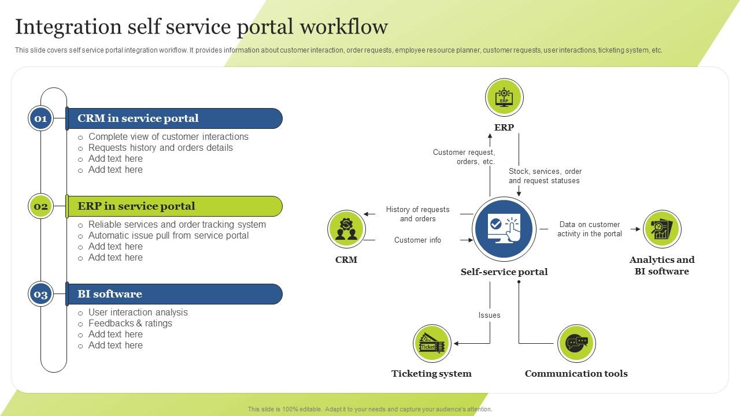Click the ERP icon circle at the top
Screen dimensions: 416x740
(504, 98)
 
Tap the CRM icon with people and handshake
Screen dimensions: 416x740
(346, 229)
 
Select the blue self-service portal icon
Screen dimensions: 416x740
(504, 228)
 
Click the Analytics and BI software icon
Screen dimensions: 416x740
(662, 229)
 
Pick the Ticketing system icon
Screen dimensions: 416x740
(432, 344)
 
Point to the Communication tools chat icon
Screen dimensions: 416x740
(576, 343)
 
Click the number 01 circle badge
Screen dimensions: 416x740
(40, 118)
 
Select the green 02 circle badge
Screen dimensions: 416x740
(40, 206)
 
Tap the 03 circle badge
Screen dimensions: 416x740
(40, 294)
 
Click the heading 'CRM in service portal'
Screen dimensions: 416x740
(138, 118)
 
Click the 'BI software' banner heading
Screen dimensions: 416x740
(110, 294)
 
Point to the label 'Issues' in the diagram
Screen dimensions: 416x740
(489, 315)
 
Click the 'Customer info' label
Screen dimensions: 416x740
(417, 240)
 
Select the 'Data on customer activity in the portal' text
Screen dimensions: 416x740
(590, 229)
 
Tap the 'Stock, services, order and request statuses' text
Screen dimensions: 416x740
(545, 176)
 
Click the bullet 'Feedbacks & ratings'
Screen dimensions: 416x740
(130, 324)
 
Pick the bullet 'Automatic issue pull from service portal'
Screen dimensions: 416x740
(168, 236)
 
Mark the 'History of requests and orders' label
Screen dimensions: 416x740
(417, 214)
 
